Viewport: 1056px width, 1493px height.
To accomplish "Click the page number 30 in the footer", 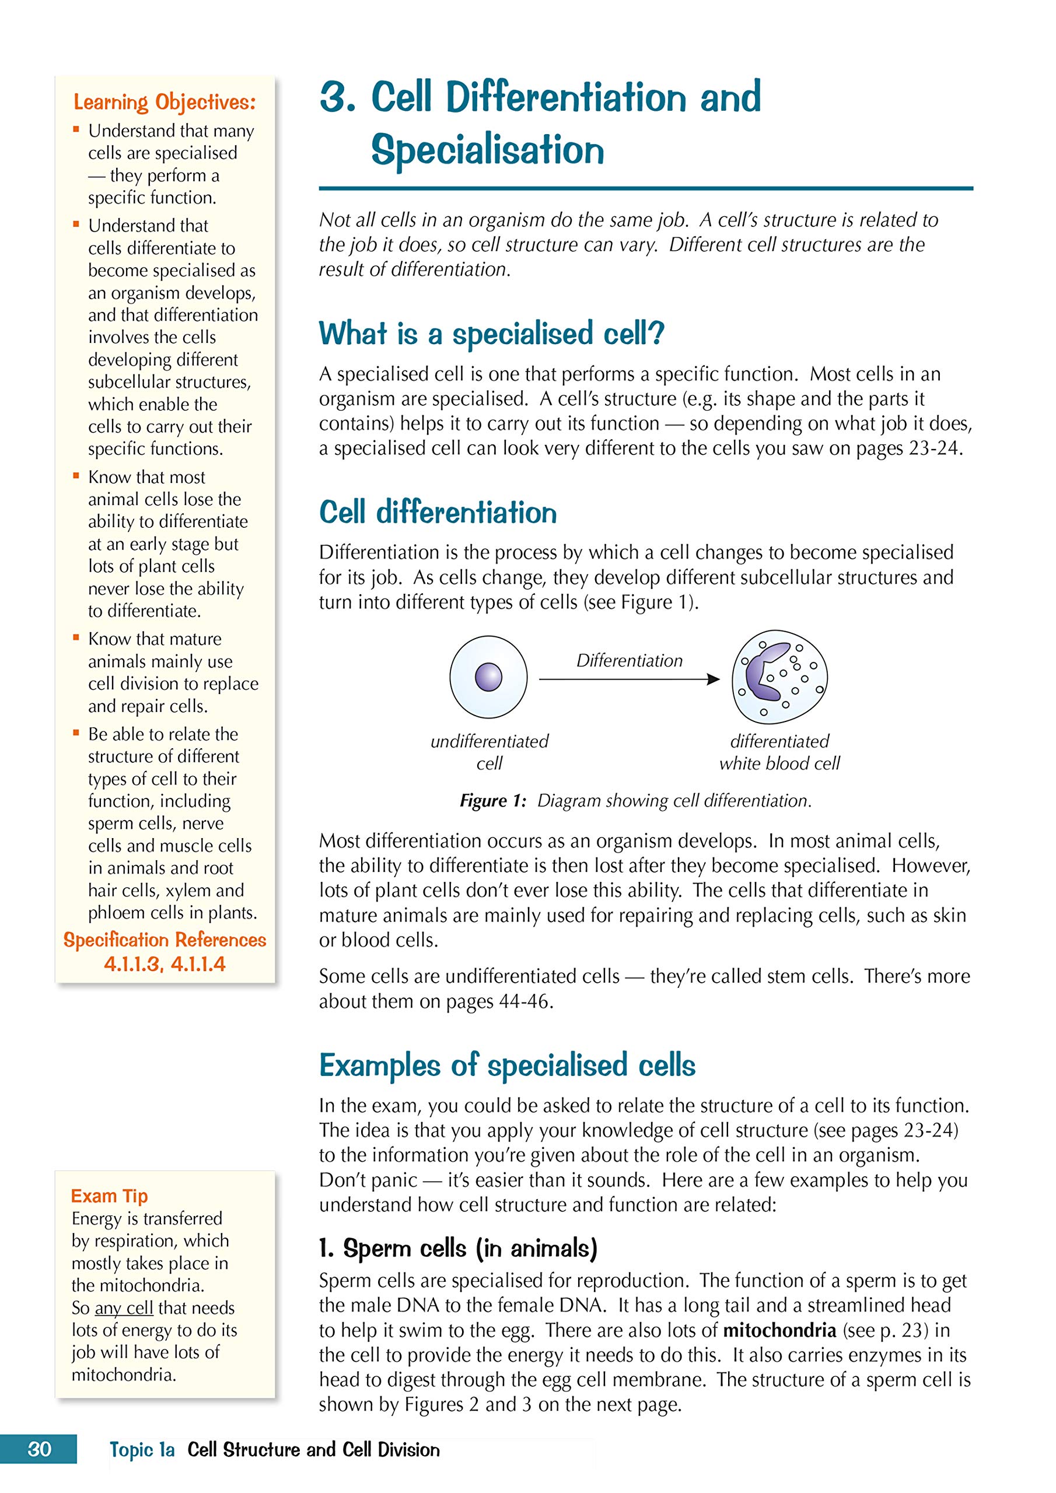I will click(x=39, y=1449).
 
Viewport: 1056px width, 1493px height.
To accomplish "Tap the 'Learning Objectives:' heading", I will click(x=165, y=102).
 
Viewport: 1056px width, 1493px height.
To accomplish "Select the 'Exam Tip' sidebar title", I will click(x=109, y=1196).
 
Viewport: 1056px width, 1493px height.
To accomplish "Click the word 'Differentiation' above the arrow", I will click(x=629, y=661).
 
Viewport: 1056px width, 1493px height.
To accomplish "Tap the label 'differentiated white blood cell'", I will click(x=779, y=752).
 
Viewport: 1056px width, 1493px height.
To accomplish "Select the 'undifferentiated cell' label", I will click(x=489, y=752).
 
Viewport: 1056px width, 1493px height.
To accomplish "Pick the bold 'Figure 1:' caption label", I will click(x=492, y=801).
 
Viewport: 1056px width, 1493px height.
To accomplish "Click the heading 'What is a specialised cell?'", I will click(x=491, y=334).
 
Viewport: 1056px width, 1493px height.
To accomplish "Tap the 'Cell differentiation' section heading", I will click(x=438, y=513).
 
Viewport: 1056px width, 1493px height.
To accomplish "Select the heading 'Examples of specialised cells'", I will click(x=507, y=1066).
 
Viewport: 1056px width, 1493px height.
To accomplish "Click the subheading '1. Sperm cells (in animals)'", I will click(x=457, y=1248).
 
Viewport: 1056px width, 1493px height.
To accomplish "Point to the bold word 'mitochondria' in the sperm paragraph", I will click(x=779, y=1330).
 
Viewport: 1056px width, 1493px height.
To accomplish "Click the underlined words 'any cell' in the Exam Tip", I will click(x=124, y=1308).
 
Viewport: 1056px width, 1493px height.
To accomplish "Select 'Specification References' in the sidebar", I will click(x=165, y=940).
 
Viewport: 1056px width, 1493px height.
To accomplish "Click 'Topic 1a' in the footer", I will click(x=142, y=1449).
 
